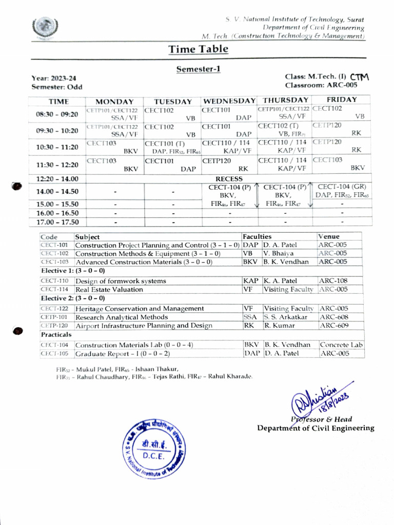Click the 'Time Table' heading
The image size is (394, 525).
pyautogui.click(x=198, y=49)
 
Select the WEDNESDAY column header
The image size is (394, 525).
pyautogui.click(x=229, y=101)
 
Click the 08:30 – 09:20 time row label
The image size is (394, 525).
pyautogui.click(x=57, y=114)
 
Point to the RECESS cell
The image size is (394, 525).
pyautogui.click(x=229, y=179)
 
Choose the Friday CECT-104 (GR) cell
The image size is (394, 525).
pyautogui.click(x=341, y=191)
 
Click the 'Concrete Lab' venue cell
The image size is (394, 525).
pyautogui.click(x=341, y=345)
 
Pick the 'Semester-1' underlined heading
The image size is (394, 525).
pyautogui.click(x=198, y=69)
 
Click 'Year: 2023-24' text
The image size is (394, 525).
pyautogui.click(x=54, y=78)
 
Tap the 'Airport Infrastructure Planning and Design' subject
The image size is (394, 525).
pyautogui.click(x=144, y=326)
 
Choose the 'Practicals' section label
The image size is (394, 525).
pyautogui.click(x=56, y=334)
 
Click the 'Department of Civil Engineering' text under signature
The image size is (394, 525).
pyautogui.click(x=316, y=428)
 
